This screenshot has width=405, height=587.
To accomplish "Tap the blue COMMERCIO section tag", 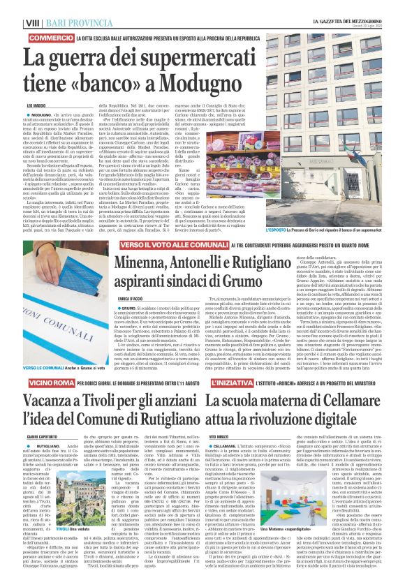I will [52, 36].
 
